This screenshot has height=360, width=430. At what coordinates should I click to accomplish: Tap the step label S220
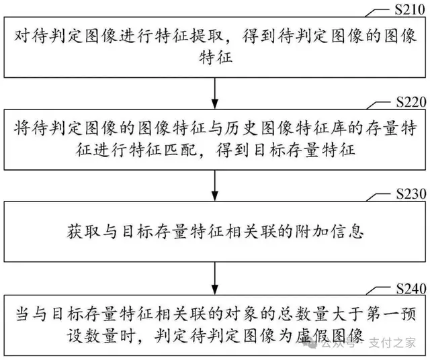406,103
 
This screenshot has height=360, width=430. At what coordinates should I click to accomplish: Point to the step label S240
406,289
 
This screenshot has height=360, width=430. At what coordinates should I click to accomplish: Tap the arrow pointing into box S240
215,277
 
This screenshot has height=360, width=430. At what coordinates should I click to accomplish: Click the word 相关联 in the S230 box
265,234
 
